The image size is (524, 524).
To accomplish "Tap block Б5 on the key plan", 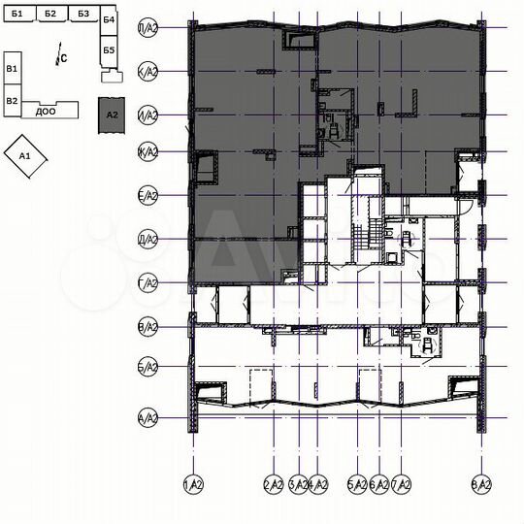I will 109,49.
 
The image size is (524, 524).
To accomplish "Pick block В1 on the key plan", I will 12,69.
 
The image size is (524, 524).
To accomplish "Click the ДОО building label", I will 45,112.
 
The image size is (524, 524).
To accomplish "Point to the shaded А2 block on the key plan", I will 112,114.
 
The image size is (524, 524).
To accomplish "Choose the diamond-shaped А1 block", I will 26,156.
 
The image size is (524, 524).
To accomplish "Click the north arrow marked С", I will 61,57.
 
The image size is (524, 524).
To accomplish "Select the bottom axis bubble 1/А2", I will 193,483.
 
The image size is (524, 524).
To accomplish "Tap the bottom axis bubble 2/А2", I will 274,483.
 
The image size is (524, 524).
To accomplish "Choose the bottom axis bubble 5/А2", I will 357,483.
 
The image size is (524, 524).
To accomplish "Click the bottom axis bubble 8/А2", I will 480,483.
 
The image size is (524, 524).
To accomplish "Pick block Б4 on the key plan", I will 109,20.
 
